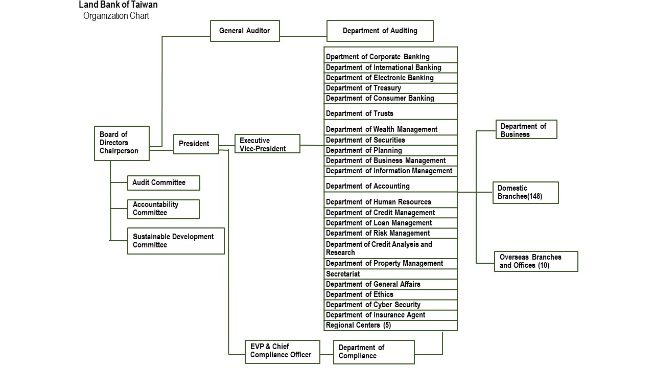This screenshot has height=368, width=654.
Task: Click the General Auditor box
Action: coord(245,31)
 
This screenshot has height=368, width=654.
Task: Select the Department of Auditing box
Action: coord(380,31)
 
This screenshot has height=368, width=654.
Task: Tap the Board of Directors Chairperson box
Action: coord(122,143)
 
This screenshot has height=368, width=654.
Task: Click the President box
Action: coord(196,144)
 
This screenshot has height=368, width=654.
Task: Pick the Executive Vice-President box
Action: coord(267,144)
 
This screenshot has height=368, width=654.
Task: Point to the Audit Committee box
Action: coord(163,182)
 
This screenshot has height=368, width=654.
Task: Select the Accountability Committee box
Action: coord(163,209)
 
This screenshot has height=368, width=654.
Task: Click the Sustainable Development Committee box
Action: coord(175,241)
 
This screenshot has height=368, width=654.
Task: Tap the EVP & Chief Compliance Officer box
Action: coord(282,351)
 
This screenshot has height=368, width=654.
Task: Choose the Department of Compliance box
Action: coord(373,352)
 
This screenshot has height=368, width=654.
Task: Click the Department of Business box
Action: coord(526,130)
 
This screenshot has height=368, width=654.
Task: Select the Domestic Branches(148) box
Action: coord(525,192)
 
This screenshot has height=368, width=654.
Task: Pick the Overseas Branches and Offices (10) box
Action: coord(535,261)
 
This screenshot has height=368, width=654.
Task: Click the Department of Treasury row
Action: coord(391,88)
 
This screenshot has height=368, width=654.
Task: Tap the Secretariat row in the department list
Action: coord(391,274)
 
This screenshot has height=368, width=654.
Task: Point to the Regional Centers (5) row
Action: coord(391,325)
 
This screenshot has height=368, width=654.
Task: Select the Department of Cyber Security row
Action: coord(391,305)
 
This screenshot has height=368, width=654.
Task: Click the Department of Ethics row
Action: coord(391,294)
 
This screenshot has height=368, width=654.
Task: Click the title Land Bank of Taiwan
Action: coord(118,5)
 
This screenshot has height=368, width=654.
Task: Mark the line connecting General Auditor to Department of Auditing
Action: coord(303,36)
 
